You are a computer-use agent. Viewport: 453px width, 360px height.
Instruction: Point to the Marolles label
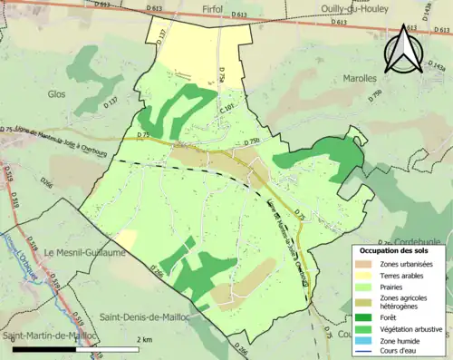360,78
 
